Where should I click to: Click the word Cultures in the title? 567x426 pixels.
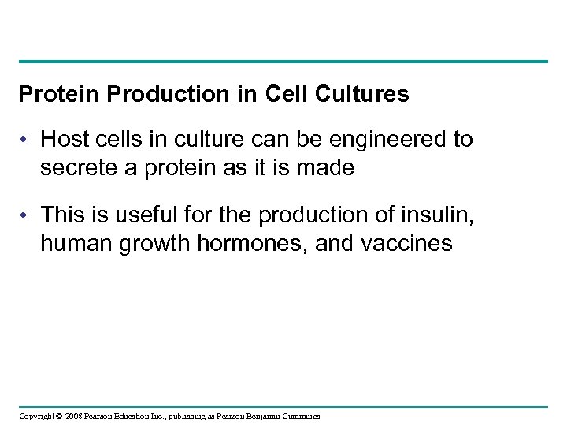pyautogui.click(x=365, y=95)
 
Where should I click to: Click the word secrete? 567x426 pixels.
pyautogui.click(x=73, y=167)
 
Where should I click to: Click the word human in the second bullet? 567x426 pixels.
pyautogui.click(x=70, y=244)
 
